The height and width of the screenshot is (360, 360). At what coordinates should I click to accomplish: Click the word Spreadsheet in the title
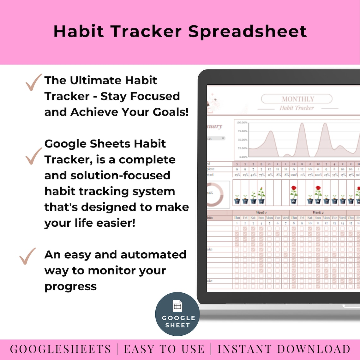click(x=247, y=32)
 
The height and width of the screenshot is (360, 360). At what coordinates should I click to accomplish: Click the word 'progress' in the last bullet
click(x=70, y=286)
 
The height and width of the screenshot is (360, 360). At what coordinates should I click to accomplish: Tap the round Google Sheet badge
click(x=177, y=314)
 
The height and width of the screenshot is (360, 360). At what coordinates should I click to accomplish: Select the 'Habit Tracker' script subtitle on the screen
click(x=297, y=108)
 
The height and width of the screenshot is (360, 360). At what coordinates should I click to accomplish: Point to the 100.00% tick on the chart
click(x=242, y=122)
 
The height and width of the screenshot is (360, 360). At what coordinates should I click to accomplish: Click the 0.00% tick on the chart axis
click(x=243, y=157)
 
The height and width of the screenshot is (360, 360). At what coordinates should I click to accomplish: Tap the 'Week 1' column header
click(x=261, y=213)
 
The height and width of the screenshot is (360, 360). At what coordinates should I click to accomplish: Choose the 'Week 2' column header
click(x=318, y=213)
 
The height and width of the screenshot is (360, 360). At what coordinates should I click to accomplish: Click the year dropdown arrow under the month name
click(x=223, y=138)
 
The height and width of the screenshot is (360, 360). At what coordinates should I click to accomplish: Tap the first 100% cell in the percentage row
click(x=294, y=175)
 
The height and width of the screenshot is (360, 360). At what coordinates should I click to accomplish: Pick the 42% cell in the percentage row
click(x=253, y=175)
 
